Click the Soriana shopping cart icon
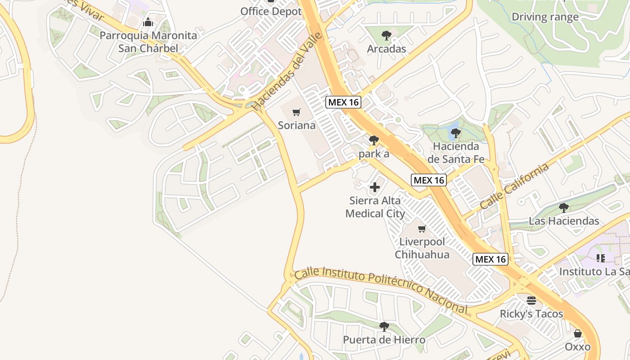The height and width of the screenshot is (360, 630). point(296,112)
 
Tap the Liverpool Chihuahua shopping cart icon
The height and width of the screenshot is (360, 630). point(422,229)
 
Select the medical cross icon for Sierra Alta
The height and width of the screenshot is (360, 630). point(374,187)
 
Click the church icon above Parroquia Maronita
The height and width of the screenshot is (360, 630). point(148,22)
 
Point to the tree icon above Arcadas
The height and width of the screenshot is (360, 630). point(386,36)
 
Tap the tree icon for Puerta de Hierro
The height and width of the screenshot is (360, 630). point(384,326)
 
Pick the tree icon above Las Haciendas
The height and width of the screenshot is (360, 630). point(563,207)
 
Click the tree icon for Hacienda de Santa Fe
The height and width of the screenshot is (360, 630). point(455,133)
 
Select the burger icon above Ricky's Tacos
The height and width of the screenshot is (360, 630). point(531,300)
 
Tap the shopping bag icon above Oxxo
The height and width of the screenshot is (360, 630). point(578,333)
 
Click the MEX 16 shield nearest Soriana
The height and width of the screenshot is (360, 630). point(343,102)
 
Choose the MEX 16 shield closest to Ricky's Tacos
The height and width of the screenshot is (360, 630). point(490,259)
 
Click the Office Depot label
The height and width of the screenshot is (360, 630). point(271,12)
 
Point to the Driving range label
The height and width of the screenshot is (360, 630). point(545,18)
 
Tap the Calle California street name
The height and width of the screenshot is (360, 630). point(514,186)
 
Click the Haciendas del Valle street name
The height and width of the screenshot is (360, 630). point(287,72)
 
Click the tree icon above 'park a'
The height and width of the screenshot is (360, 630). point(373,140)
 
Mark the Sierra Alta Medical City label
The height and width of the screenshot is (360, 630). point(375,207)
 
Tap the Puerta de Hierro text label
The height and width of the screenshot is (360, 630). point(384,340)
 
